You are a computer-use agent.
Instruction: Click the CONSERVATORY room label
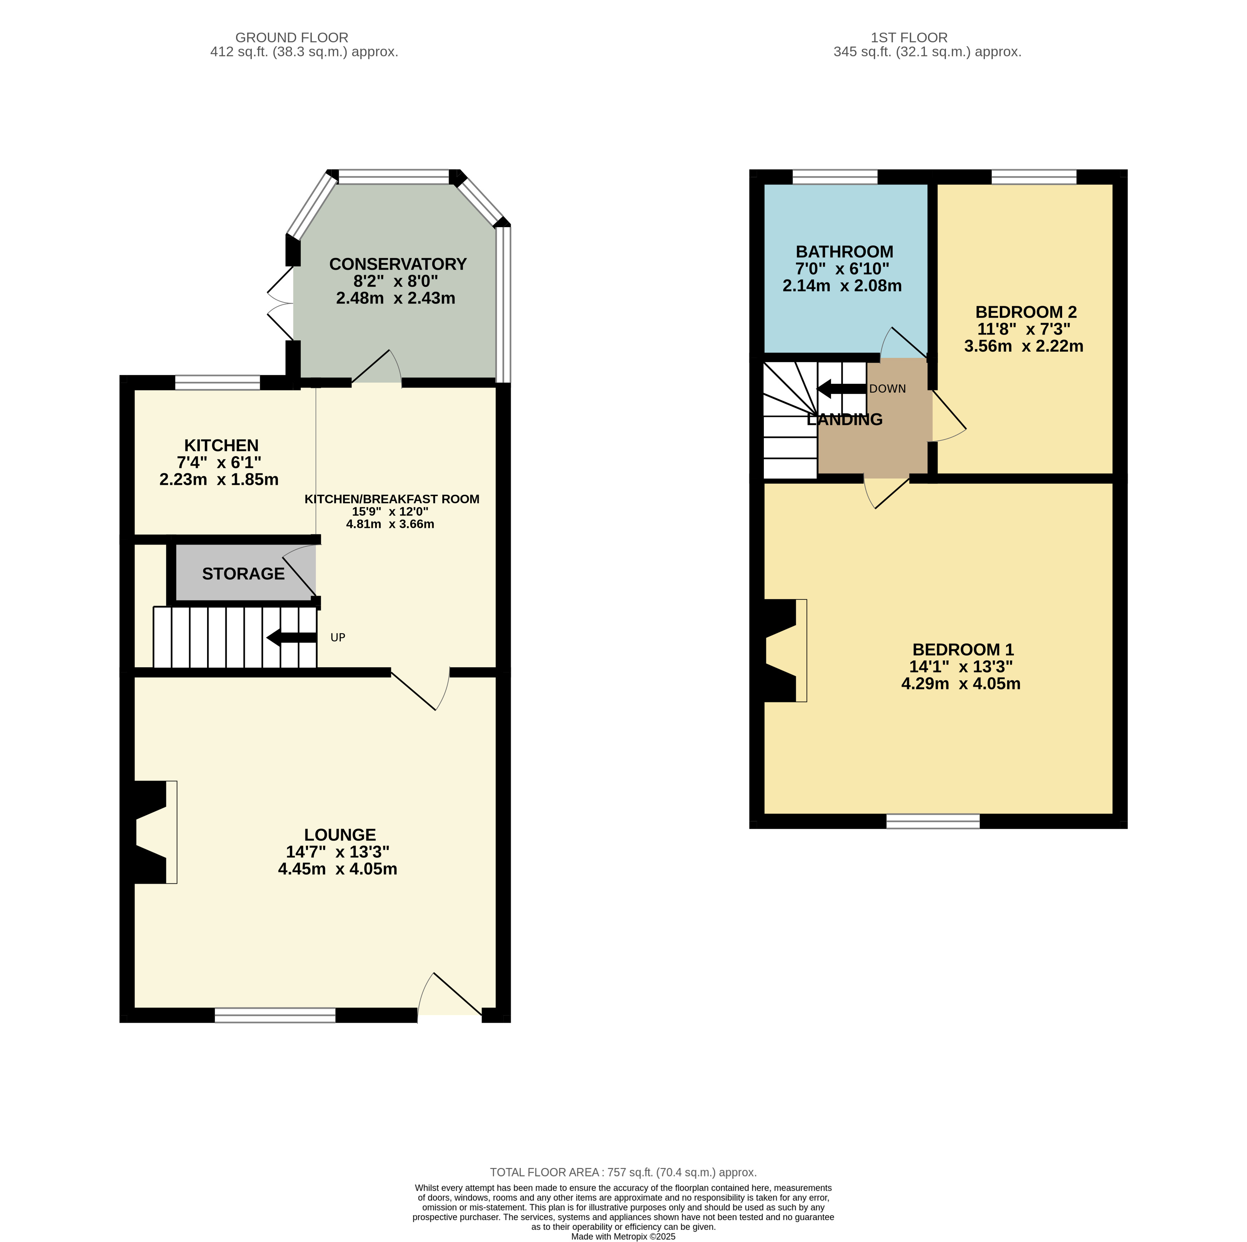pos(398,264)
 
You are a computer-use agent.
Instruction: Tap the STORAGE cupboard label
pos(243,574)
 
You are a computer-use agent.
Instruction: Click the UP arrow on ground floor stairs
pos(292,638)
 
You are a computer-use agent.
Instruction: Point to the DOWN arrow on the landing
pos(841,388)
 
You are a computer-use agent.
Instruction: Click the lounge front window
pos(275,1016)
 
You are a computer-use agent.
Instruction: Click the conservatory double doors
pos(281,303)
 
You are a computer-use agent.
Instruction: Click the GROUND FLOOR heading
pos(292,38)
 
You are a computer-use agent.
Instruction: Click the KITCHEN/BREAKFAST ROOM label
pos(392,499)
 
